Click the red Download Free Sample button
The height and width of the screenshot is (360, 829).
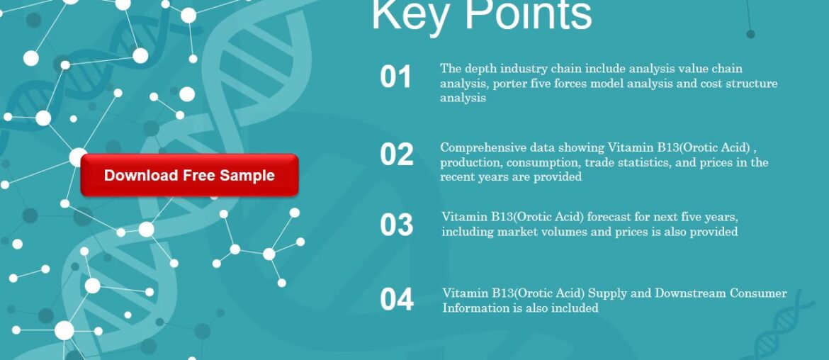pyautogui.click(x=189, y=175)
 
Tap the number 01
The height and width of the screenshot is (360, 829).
pyautogui.click(x=395, y=77)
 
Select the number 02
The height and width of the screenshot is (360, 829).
pyautogui.click(x=396, y=155)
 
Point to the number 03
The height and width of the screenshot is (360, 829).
pyautogui.click(x=396, y=225)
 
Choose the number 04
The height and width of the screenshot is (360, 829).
pyautogui.click(x=397, y=300)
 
